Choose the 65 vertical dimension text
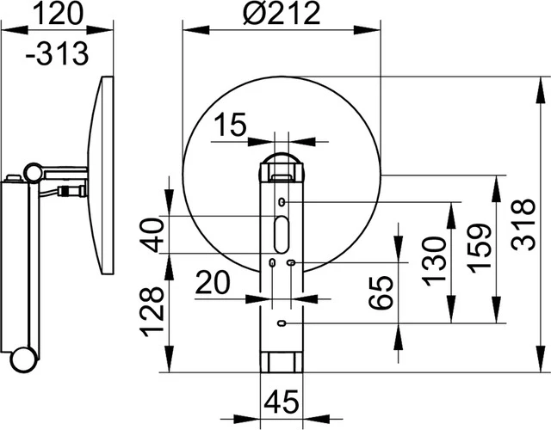pos(385,294)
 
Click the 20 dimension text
pos(213,281)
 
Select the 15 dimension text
pos(230,126)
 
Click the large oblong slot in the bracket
pos(282,233)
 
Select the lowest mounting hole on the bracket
pos(282,323)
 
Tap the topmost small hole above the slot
pos(282,202)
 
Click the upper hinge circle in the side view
pos(33,172)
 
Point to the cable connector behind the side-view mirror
pos(71,188)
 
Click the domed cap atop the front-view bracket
pos(282,163)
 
